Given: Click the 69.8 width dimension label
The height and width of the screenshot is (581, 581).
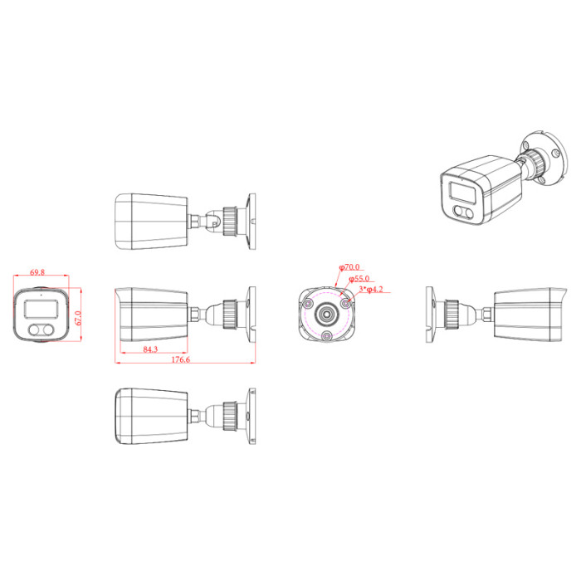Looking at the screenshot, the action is coord(37,272).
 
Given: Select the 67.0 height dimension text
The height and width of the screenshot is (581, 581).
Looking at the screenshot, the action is coord(78,318).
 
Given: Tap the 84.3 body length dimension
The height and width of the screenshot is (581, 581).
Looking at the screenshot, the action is coord(150,349).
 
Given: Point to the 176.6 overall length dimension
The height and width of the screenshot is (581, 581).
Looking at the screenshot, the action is coord(180,359).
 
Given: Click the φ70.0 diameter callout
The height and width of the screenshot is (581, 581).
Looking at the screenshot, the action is coord(349,266).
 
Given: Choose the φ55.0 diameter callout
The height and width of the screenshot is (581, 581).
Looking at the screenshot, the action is coord(359,278).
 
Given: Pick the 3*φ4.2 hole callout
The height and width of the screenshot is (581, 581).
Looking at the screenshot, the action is coord(371,289).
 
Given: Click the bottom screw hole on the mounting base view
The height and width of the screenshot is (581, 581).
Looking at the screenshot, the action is coord(326,336).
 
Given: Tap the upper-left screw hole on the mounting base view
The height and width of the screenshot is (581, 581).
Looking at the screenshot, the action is coord(308,304).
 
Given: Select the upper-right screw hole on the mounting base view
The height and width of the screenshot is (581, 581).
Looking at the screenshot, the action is coord(345,304).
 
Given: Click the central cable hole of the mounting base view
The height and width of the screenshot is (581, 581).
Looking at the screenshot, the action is coord(327,315).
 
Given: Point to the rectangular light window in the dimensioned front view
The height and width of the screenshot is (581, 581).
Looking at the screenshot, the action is coord(41,309).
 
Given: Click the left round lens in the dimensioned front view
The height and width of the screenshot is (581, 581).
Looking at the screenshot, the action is coord(35,330).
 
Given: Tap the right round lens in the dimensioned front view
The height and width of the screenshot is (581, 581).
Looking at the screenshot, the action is coord(47,330).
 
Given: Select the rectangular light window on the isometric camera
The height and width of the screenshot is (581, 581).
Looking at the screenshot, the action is coord(462,193).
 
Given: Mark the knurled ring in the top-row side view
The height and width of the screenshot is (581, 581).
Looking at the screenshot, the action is coord(230,222).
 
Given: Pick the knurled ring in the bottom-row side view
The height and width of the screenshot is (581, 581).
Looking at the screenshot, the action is coord(230,416).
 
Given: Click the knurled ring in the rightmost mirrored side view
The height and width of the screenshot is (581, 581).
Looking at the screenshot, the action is coord(452,315).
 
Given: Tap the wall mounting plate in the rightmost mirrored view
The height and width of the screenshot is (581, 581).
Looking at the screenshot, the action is coord(429,315).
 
